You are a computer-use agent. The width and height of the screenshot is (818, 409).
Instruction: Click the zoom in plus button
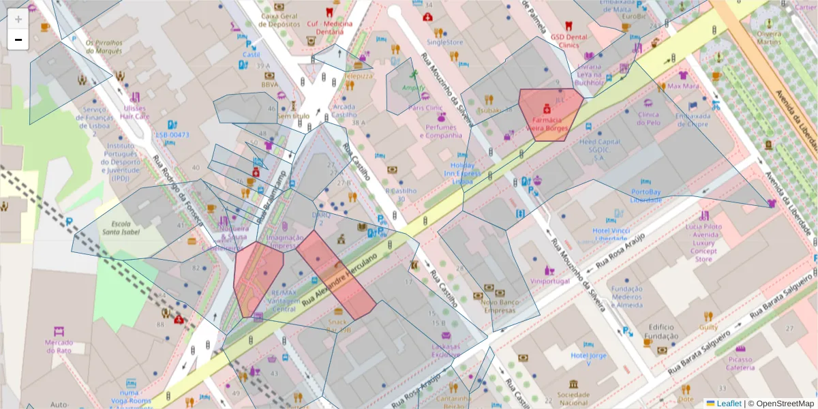click(18, 19)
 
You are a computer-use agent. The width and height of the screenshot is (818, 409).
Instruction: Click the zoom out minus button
click(18, 40)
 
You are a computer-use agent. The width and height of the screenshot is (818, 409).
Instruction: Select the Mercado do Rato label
click(59, 346)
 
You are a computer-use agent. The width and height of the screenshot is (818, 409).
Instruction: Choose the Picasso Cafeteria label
click(740, 363)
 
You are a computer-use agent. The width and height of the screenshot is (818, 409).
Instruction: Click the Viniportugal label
click(549, 281)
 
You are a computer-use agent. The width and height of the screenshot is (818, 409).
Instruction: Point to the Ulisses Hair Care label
click(134, 112)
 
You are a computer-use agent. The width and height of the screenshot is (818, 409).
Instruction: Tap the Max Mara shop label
click(683, 87)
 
